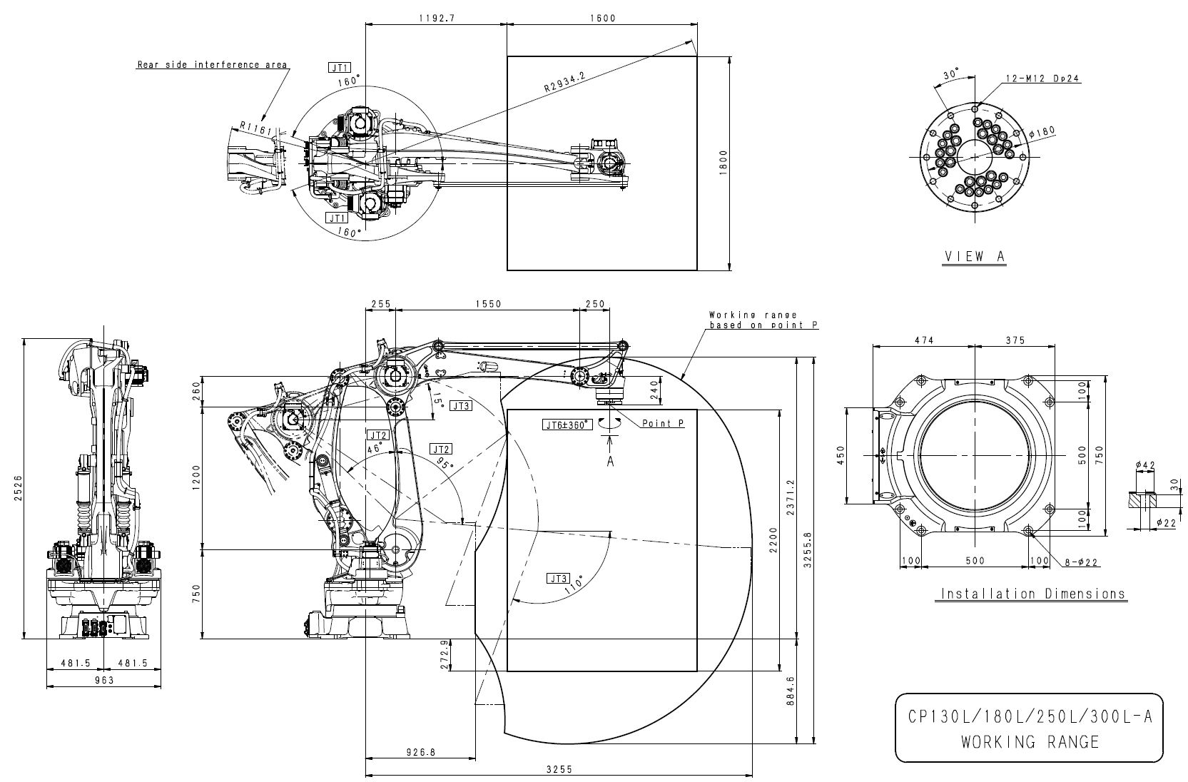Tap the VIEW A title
974,257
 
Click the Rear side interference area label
212,65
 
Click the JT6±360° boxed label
567,425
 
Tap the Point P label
663,424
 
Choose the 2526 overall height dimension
17,488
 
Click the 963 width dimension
104,681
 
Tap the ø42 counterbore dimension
1145,466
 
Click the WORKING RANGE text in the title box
1030,742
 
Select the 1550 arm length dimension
488,304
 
